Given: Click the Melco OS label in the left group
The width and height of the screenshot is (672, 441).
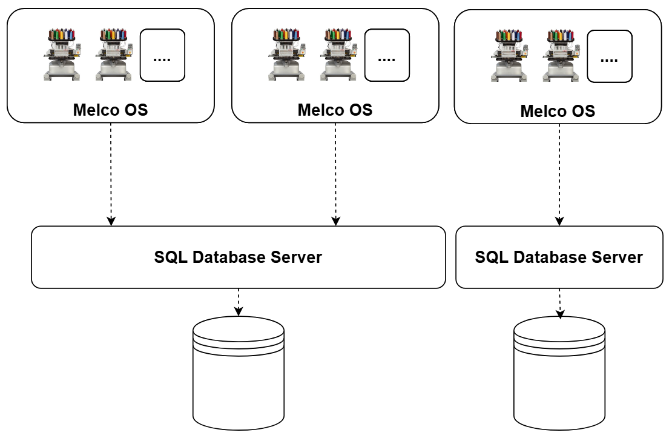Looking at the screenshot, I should tap(110, 110).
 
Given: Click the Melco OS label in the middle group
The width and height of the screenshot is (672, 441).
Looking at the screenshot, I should tap(335, 110).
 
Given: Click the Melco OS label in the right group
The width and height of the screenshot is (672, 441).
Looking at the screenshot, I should tap(558, 111).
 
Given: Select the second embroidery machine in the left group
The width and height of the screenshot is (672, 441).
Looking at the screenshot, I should tap(113, 54).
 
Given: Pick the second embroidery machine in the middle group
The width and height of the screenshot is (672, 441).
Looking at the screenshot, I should tap(337, 54).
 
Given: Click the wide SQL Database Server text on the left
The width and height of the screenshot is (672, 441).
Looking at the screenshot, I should tap(239, 257).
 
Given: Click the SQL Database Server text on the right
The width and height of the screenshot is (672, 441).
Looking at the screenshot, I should tap(558, 257).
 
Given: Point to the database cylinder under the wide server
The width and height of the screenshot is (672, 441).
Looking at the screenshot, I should tap(239, 372).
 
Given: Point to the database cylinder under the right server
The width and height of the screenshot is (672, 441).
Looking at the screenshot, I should tap(559, 372).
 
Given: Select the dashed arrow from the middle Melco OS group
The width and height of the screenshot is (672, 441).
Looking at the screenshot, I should tap(335, 173).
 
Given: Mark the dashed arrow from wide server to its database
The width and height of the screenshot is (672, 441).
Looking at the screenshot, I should tap(239, 302).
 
